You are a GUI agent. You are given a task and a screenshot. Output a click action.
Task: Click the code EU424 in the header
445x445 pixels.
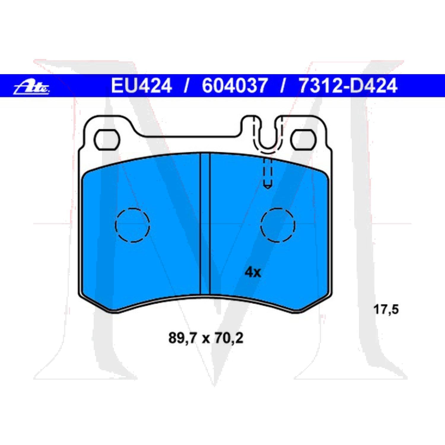141,86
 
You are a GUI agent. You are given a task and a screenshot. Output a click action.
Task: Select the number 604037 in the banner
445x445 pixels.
234,86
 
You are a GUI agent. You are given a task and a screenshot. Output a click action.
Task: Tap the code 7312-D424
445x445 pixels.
348,86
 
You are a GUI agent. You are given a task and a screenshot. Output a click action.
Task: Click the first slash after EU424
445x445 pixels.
186,86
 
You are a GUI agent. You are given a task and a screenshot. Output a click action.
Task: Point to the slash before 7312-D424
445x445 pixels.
283,86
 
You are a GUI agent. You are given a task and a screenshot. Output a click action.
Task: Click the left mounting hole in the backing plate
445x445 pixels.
107,139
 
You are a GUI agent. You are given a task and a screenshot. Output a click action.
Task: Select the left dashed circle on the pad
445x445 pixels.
132,225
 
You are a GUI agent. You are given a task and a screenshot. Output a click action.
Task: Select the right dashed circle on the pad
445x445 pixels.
278,225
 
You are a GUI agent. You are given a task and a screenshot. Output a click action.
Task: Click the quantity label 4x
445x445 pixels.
252,272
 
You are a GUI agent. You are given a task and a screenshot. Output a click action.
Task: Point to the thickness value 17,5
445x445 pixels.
386,309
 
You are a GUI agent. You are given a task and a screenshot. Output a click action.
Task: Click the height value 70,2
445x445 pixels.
229,338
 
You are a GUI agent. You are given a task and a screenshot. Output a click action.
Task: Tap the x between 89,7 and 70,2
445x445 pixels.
206,338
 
